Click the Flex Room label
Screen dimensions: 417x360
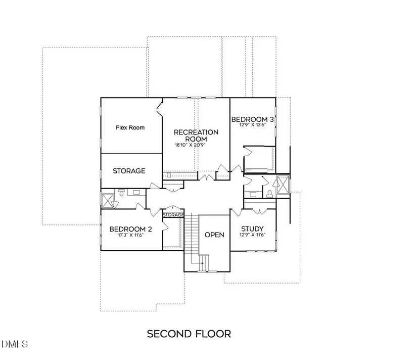tap(130, 128)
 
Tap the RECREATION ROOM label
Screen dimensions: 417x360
tap(196, 136)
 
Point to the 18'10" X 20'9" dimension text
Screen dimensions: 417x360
tap(190, 145)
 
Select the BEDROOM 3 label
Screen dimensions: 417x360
tap(252, 119)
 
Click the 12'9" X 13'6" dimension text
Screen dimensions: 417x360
tap(252, 125)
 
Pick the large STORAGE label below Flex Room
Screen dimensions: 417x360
tap(129, 171)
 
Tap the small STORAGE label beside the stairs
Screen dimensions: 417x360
tap(173, 215)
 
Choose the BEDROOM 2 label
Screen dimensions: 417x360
tap(130, 229)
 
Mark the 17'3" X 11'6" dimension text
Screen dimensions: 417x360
tap(130, 235)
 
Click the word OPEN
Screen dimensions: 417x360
tap(214, 235)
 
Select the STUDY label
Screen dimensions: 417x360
tap(252, 229)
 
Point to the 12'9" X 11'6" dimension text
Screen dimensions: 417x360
tap(252, 235)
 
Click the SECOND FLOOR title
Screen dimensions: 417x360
tap(189, 334)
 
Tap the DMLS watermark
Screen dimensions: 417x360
tap(15, 344)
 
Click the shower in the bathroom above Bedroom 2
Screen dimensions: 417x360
tap(108, 201)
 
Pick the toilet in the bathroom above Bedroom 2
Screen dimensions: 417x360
tap(121, 192)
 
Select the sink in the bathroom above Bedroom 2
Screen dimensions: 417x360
tap(136, 192)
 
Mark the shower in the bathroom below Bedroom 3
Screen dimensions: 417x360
tap(283, 184)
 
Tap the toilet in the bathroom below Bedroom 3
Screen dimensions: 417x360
tap(270, 194)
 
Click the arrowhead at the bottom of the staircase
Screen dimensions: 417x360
tap(202, 263)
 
